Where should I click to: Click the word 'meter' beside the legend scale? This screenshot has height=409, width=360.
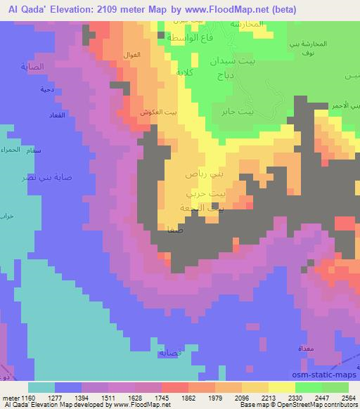click(x=10, y=398)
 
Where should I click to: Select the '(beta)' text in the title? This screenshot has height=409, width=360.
click(x=279, y=10)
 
